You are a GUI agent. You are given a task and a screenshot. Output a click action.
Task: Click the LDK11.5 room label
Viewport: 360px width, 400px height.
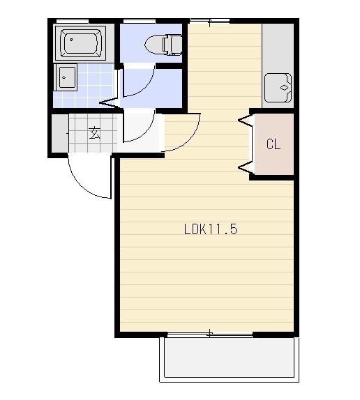211,229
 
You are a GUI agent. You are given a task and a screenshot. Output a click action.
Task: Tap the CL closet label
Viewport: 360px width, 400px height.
273,144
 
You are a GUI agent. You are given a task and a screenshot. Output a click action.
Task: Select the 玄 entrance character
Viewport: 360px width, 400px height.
94,133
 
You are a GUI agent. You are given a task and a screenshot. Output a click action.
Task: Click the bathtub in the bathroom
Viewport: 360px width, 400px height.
80,43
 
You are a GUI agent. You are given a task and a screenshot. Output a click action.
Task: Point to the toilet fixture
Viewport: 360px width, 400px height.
163,45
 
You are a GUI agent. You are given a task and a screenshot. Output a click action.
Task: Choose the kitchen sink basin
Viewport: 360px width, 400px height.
278,88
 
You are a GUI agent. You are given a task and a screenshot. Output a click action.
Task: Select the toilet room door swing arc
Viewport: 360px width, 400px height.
146,86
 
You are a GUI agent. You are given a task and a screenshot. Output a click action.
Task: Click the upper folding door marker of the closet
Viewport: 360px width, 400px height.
246,120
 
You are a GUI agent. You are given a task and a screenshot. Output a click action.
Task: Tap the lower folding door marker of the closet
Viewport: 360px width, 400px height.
246,168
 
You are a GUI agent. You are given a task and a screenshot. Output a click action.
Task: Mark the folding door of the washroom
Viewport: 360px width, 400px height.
110,103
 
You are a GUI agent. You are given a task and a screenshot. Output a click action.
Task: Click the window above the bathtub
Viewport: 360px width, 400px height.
73,20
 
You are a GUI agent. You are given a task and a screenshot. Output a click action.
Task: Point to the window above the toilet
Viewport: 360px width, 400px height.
140,20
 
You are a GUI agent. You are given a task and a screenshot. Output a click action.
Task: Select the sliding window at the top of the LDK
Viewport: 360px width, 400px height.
209,21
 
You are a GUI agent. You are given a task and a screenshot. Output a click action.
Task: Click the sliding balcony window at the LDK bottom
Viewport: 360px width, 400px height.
209,334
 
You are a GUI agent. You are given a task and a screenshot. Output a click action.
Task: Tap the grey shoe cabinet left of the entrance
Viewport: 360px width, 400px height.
60,133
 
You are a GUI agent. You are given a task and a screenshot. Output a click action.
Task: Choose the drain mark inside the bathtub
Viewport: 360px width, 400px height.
71,40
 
